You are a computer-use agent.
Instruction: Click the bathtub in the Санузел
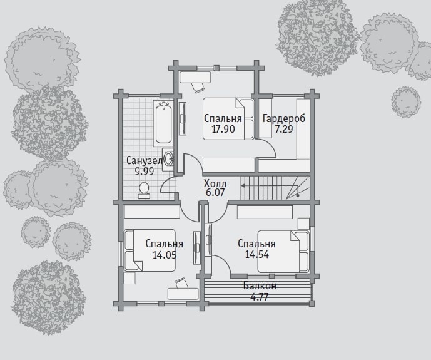click(163, 123)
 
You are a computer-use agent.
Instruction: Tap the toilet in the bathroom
click(144, 190)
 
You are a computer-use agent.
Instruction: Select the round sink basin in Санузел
click(168, 159)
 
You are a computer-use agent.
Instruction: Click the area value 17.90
click(223, 129)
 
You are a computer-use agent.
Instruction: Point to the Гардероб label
click(284, 118)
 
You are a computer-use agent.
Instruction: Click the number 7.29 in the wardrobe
click(284, 129)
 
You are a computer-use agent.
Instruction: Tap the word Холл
click(215, 183)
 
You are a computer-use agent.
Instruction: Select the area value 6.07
click(215, 192)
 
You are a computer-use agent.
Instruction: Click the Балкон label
click(260, 286)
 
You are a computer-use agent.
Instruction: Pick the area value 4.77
click(260, 297)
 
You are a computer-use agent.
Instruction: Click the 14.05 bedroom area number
click(165, 255)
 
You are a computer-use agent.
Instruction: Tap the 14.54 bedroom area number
click(256, 255)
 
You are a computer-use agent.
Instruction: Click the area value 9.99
click(145, 171)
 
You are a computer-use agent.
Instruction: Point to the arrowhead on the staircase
click(243, 186)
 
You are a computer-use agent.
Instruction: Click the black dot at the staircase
click(298, 195)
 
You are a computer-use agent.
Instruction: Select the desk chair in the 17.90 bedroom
click(198, 87)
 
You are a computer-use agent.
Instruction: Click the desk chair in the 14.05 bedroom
click(181, 283)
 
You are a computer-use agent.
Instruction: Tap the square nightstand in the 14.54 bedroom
click(303, 224)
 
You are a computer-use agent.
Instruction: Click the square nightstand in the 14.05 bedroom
click(129, 278)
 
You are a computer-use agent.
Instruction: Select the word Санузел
click(145, 161)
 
